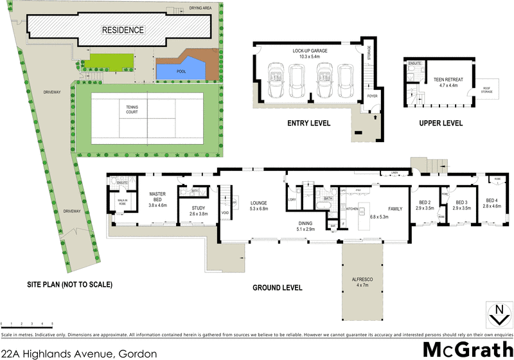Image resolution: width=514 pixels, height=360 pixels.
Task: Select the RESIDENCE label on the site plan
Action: [x=123, y=30]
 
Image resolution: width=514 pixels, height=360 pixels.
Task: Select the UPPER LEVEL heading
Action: [x=441, y=123]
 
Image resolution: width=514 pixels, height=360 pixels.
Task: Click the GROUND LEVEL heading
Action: [x=278, y=288]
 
